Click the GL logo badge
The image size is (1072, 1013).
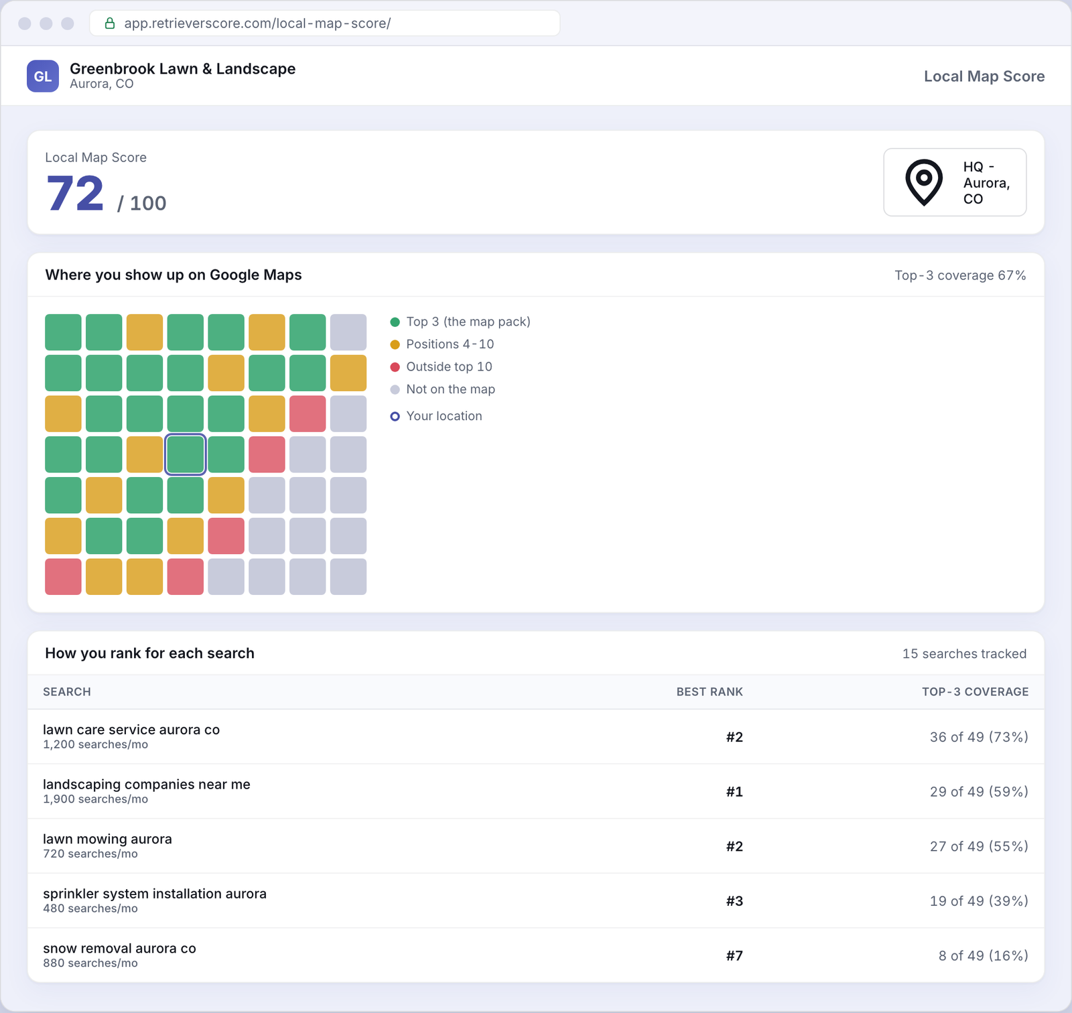pos(43,76)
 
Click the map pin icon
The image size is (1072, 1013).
pos(924,182)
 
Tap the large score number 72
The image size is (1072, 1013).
pos(75,194)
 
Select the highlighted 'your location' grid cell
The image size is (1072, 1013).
pos(185,454)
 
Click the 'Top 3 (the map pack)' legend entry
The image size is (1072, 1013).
pos(460,322)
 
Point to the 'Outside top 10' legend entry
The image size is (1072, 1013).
pos(442,366)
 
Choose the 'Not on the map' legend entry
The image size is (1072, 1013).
pos(443,389)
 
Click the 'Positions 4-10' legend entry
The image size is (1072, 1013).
pos(442,344)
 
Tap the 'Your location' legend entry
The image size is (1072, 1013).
pos(436,416)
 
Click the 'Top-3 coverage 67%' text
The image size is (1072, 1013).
pos(960,275)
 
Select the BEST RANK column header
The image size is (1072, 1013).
pos(710,691)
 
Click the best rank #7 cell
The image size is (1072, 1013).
pos(734,955)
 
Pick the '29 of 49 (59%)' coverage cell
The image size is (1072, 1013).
pos(979,792)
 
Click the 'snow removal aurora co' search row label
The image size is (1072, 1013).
pos(119,949)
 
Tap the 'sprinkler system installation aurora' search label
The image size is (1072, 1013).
pos(155,894)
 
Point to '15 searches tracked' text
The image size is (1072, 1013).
pos(964,654)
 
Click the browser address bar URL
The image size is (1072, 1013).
pos(257,23)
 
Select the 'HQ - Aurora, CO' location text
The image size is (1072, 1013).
pos(986,182)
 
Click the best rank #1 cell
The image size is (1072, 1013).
pos(734,792)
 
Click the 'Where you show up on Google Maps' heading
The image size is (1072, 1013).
pos(174,275)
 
